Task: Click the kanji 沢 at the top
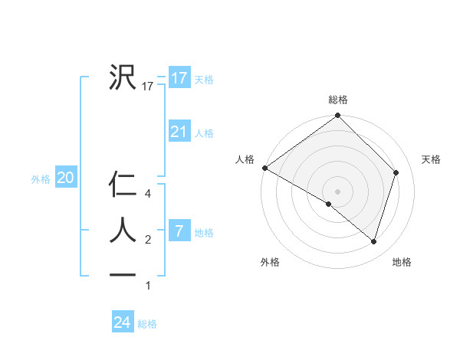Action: (x=122, y=77)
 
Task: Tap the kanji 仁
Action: (x=122, y=185)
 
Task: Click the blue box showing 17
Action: (x=179, y=78)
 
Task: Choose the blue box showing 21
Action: (x=179, y=132)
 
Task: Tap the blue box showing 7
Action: (x=179, y=231)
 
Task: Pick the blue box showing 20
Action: (x=65, y=178)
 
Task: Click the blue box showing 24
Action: (x=123, y=322)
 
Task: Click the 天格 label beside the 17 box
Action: (x=204, y=80)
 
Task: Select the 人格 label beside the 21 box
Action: (x=204, y=133)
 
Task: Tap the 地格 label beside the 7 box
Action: (x=204, y=232)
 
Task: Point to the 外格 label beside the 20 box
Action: (x=41, y=179)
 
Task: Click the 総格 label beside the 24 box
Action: (x=147, y=324)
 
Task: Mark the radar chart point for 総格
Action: (x=337, y=116)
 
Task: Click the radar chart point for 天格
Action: (x=396, y=172)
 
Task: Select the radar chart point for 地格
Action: (x=373, y=241)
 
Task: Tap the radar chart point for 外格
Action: (x=329, y=204)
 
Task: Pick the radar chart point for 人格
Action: (x=264, y=168)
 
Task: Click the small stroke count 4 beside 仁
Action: (x=148, y=194)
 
